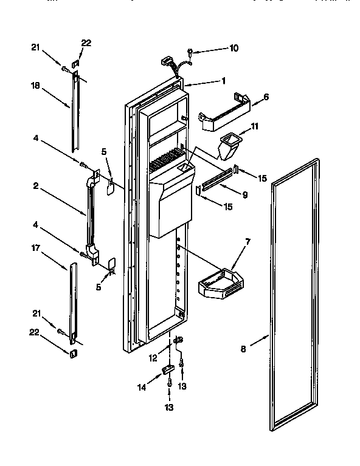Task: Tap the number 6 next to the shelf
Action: click(x=266, y=97)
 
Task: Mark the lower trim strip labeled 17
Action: click(x=73, y=301)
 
